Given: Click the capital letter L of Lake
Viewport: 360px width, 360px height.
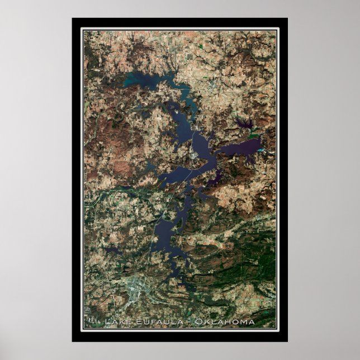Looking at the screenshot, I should pyautogui.click(x=107, y=322).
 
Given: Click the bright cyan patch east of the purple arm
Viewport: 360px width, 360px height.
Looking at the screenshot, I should pyautogui.click(x=255, y=136).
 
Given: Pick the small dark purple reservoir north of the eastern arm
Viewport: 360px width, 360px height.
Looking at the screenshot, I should pyautogui.click(x=243, y=122).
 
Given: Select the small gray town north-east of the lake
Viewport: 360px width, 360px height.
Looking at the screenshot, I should pyautogui.click(x=213, y=84).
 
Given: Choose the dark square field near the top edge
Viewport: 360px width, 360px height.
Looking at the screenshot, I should pyautogui.click(x=200, y=57).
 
